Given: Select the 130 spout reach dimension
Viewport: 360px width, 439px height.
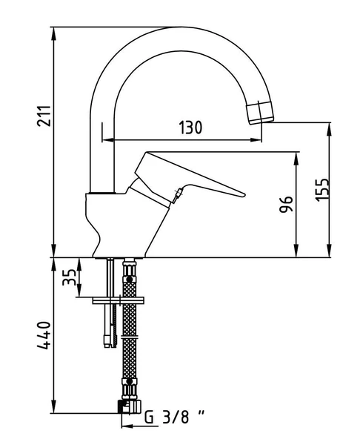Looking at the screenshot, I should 190,128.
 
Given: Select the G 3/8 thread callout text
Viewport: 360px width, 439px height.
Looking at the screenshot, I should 173,417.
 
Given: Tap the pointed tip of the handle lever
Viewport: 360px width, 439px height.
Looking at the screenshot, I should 242,196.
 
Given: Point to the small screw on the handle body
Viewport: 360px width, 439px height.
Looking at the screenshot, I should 178,196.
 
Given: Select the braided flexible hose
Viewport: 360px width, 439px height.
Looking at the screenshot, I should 131,334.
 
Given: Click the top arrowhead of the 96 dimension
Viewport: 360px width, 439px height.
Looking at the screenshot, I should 297,156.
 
